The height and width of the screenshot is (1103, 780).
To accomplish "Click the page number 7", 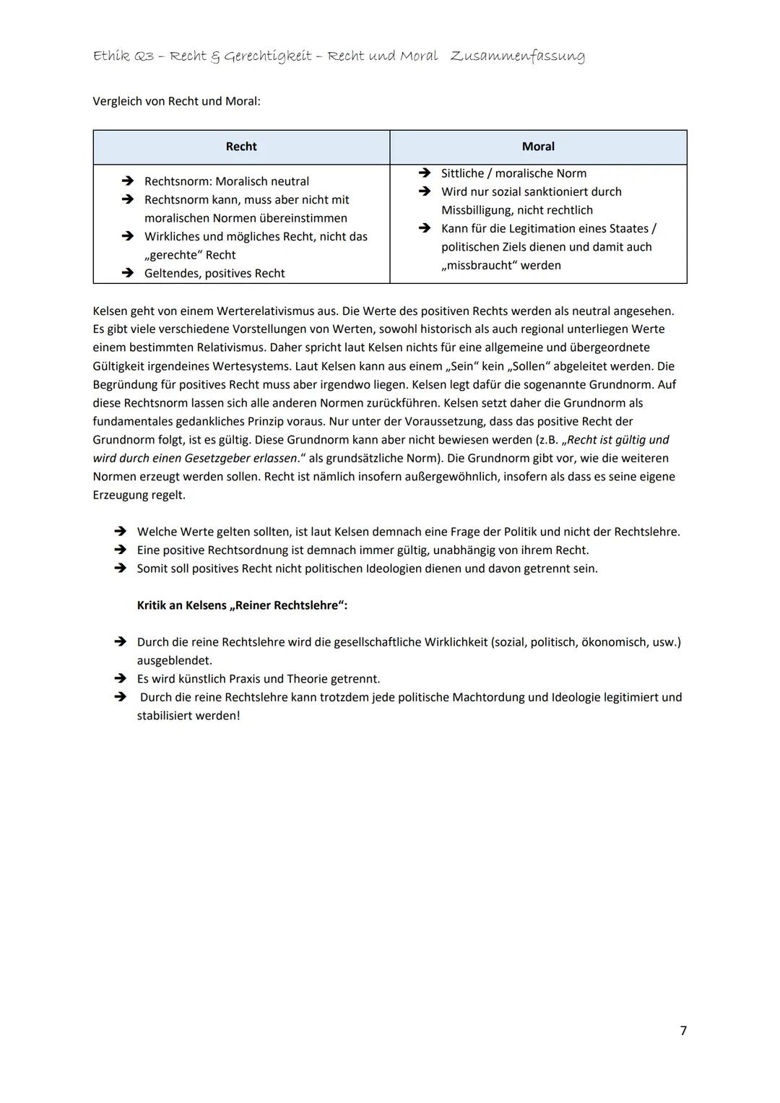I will pyautogui.click(x=683, y=1031).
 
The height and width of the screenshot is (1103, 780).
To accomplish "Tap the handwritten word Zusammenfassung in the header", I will pyautogui.click(x=517, y=56).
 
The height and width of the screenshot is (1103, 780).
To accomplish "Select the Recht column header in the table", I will pyautogui.click(x=241, y=147).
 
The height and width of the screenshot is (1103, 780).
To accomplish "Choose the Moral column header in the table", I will pyautogui.click(x=538, y=147).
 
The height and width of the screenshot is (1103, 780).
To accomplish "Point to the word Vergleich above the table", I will pyautogui.click(x=118, y=101).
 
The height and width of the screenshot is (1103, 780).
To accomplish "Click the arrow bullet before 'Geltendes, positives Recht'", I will pyautogui.click(x=128, y=273).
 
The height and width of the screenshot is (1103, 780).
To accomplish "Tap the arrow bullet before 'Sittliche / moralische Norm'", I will pyautogui.click(x=425, y=173).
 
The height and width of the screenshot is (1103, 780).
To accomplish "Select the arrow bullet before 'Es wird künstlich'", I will pyautogui.click(x=120, y=679).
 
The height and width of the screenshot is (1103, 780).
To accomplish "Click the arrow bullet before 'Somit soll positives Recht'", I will pyautogui.click(x=120, y=568).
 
